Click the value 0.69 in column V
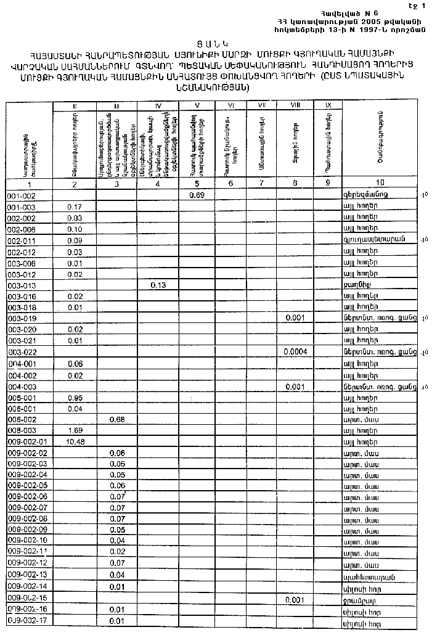[x=197, y=195]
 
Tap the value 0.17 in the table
[x=75, y=207]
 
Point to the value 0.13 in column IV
[x=158, y=285]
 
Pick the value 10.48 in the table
[x=74, y=441]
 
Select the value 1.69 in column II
[x=75, y=430]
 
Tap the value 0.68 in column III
[x=117, y=419]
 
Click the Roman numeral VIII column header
[x=295, y=106]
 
